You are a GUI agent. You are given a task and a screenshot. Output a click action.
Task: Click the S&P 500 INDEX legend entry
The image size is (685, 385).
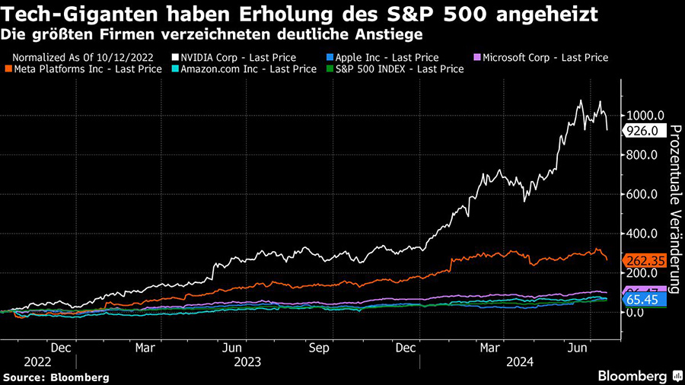400,68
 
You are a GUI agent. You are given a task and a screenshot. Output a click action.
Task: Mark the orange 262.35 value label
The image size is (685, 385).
645,260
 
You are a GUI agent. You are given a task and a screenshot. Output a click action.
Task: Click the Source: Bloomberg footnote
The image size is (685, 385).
56,377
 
